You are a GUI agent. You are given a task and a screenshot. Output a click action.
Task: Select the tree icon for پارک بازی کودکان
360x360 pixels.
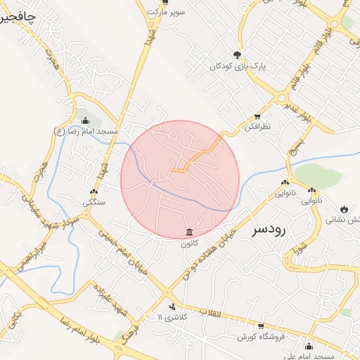pyautogui.click(x=238, y=55)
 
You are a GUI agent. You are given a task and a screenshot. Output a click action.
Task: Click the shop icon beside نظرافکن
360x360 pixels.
pyautogui.click(x=257, y=116)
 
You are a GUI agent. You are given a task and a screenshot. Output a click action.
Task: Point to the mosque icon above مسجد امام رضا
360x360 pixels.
pyautogui.click(x=86, y=120)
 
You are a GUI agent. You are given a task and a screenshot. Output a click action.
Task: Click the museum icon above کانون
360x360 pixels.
pyautogui.click(x=189, y=232)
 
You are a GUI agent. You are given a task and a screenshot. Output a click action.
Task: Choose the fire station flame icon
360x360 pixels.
pyautogui.click(x=344, y=209)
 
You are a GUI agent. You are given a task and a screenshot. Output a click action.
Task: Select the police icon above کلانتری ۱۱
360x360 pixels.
pyautogui.click(x=172, y=307)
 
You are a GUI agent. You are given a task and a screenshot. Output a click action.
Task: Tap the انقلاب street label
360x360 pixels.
pyautogui.click(x=210, y=313)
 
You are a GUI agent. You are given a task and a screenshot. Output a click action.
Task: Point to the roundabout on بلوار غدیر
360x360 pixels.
pyautogui.click(x=282, y=98)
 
